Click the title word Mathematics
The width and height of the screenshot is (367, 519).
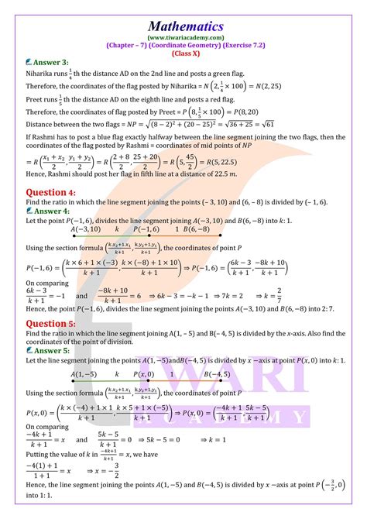point(183,12)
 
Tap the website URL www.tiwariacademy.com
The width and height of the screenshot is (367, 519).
point(183,26)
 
